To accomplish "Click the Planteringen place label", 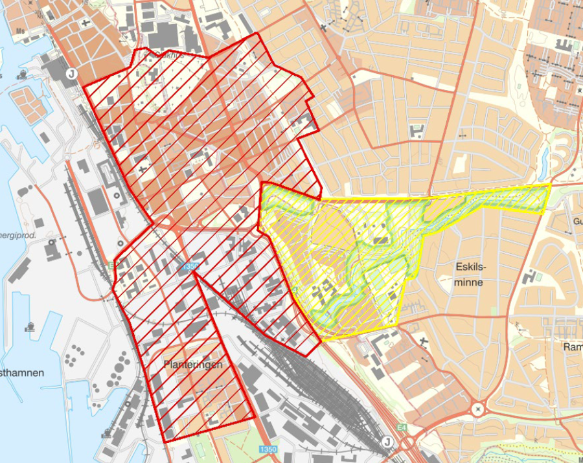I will (192, 365).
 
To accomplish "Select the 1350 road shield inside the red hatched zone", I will (189, 266).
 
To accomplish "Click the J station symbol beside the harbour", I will (71, 74).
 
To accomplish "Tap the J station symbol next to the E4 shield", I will (387, 442).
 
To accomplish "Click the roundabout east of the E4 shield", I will (479, 409).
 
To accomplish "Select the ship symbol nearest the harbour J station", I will (24, 73).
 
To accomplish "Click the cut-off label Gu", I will (576, 222).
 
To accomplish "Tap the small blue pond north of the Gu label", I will (544, 156).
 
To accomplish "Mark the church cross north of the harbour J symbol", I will (85, 23).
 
